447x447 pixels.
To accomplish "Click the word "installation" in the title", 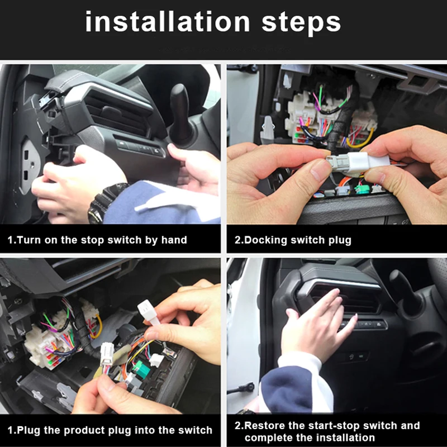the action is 168,22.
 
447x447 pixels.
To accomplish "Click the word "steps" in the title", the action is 301,23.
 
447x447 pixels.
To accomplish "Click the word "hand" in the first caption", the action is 174,240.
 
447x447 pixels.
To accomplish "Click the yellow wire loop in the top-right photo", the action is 360,140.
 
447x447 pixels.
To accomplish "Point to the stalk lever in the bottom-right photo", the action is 405,288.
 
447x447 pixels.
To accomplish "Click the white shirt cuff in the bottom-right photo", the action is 302,370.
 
